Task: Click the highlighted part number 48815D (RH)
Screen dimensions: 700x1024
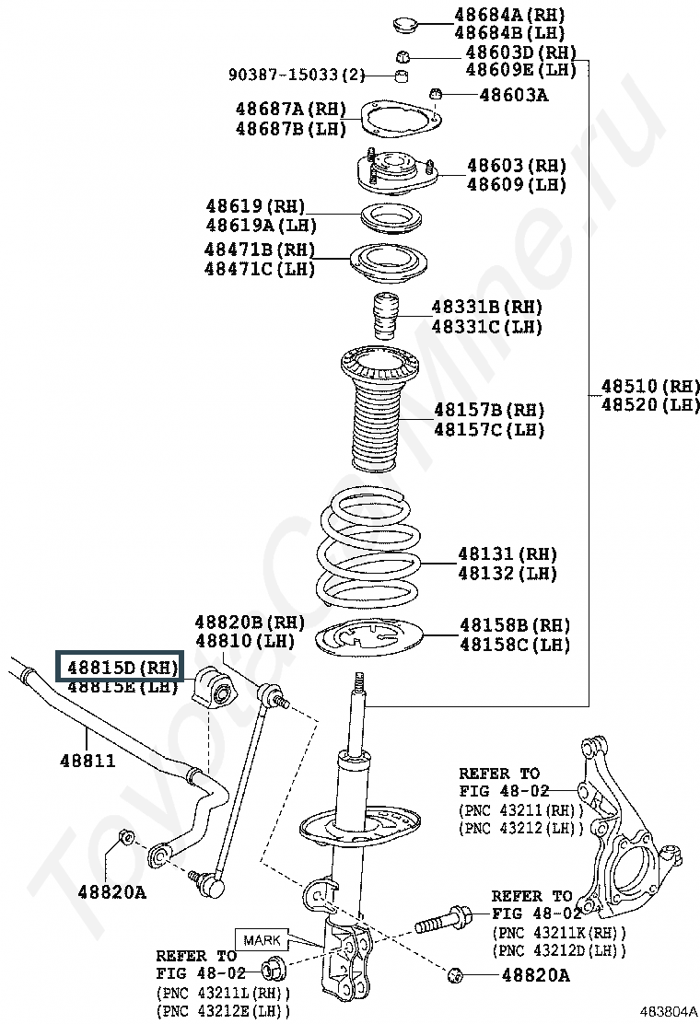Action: (x=122, y=667)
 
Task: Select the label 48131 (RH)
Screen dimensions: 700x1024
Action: (x=507, y=554)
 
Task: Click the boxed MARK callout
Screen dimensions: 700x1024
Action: (x=262, y=940)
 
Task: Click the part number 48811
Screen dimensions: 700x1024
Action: (x=87, y=760)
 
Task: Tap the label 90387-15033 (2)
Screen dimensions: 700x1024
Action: (x=297, y=75)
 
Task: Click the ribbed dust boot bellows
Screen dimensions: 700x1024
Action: (x=380, y=408)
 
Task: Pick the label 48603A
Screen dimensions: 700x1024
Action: (x=514, y=96)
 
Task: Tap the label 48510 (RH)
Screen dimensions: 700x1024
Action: (x=649, y=386)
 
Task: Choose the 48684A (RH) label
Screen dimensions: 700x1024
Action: (x=509, y=15)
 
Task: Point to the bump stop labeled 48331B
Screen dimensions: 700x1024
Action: (x=385, y=316)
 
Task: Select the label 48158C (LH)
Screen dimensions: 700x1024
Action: (x=515, y=645)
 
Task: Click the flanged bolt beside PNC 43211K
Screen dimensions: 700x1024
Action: (x=442, y=920)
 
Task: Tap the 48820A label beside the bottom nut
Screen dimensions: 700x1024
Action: (x=535, y=975)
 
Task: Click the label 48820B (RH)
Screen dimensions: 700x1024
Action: (x=250, y=622)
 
